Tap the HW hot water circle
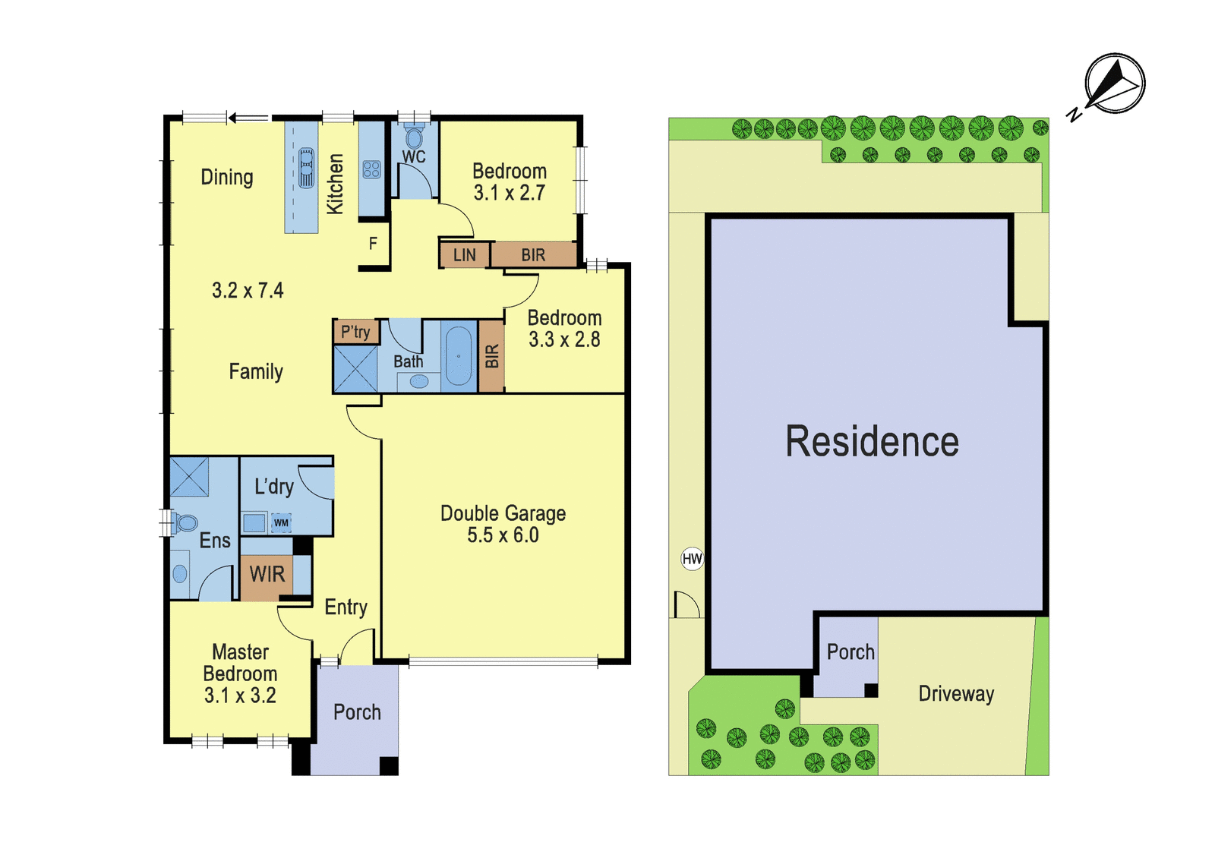point(692,559)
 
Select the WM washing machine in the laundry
point(281,523)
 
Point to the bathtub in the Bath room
point(459,356)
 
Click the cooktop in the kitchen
point(371,169)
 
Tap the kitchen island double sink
point(307,168)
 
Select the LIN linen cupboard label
point(464,255)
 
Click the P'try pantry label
point(355,331)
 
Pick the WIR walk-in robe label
point(267,574)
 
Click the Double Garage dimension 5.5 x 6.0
point(503,535)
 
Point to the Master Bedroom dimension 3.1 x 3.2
point(240,696)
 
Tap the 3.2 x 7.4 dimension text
point(248,290)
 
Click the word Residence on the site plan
point(873,441)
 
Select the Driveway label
point(956,694)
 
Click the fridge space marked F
point(373,244)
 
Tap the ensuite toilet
point(183,523)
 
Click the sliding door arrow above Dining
point(248,118)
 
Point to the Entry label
point(346,607)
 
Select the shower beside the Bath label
point(355,369)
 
